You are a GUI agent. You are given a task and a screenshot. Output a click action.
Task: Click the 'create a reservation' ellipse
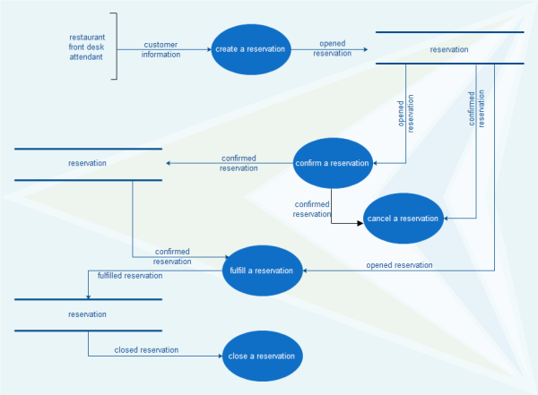pos(250,49)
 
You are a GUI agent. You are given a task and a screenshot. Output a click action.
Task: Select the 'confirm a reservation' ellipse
pos(333,163)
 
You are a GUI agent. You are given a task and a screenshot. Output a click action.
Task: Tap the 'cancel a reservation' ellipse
pos(403,219)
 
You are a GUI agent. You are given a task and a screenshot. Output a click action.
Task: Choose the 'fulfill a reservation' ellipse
pos(262,270)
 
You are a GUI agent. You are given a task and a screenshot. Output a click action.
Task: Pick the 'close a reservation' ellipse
pos(262,356)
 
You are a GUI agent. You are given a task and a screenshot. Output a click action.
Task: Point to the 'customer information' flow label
pos(161,49)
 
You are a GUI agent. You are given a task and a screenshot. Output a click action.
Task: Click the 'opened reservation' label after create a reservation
pos(333,48)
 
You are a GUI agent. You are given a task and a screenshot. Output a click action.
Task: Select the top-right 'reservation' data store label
pos(449,49)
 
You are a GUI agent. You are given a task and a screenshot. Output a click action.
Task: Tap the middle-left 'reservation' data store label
pos(87,163)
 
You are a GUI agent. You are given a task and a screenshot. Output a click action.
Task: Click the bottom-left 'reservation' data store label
pos(87,314)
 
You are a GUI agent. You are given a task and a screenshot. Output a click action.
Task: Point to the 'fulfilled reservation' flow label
pos(131,276)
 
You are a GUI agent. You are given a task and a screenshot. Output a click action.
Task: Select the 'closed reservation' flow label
pos(146,349)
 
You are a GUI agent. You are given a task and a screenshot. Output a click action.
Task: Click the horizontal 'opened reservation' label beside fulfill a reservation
pos(399,265)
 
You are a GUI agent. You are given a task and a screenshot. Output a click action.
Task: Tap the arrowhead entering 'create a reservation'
pos(209,49)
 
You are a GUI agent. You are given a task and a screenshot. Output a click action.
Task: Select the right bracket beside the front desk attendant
pos(115,47)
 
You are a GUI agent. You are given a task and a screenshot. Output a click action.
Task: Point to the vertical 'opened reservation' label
pos(405,116)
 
